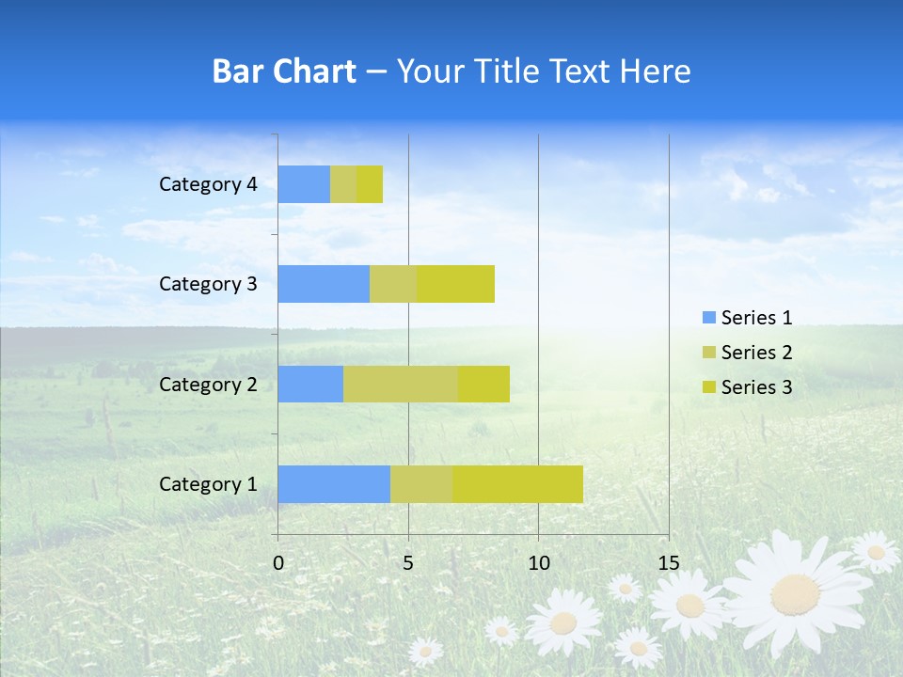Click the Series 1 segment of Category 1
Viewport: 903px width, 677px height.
[x=334, y=484]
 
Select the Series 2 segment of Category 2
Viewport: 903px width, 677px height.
[x=401, y=384]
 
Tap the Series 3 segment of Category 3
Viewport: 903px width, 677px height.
[x=456, y=284]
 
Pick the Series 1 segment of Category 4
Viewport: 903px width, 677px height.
[x=304, y=184]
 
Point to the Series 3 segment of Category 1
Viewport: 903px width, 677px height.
[x=517, y=484]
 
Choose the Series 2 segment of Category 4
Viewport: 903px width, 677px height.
[x=343, y=184]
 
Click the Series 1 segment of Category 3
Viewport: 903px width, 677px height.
[x=324, y=284]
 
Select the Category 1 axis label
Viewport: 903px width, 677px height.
[x=208, y=484]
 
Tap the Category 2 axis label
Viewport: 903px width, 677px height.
[x=208, y=384]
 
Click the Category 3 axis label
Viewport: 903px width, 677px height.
[x=208, y=284]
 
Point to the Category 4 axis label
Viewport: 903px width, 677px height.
[x=208, y=184]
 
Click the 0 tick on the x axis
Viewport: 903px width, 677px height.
[x=278, y=563]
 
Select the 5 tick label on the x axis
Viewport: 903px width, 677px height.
[x=408, y=563]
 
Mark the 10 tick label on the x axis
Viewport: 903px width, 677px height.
[x=538, y=563]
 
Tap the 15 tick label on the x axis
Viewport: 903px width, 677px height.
[x=668, y=563]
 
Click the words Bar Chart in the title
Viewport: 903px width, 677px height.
[x=284, y=71]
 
